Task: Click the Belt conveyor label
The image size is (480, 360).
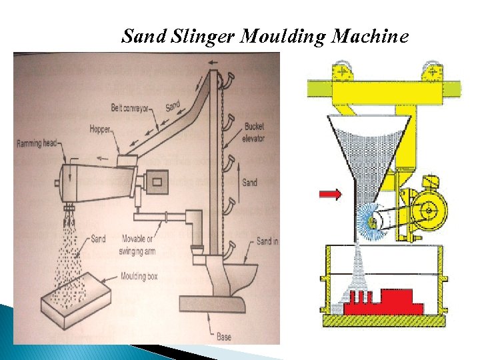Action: coord(131,107)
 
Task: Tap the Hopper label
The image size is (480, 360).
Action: coord(100,129)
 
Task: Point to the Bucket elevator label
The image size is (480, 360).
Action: coord(254,132)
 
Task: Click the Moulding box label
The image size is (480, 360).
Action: coord(139,276)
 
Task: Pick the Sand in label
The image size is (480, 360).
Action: coord(267,241)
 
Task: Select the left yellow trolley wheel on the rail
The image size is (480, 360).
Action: coord(343,71)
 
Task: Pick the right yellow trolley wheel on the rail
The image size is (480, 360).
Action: coord(431,71)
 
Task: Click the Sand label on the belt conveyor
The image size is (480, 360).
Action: coord(173,106)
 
